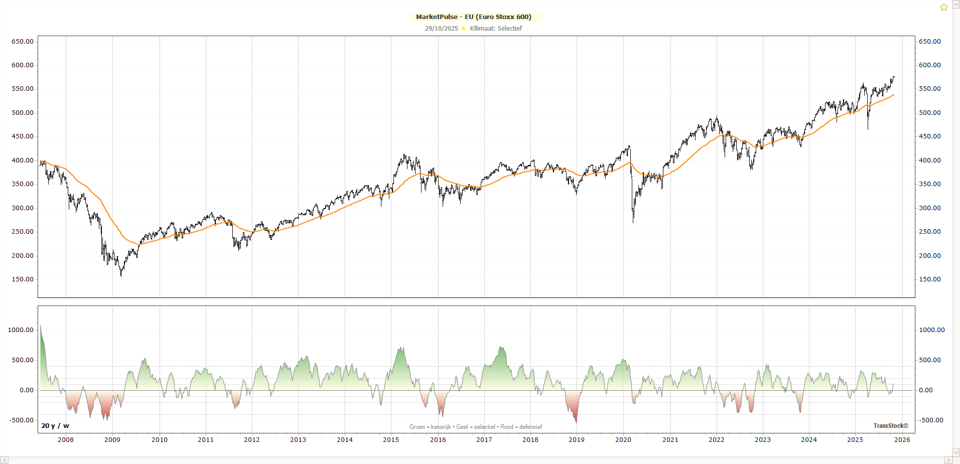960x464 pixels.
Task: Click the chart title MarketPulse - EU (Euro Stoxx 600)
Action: pos(473,17)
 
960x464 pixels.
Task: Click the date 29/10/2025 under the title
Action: pos(441,29)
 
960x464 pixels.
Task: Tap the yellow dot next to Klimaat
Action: pos(463,29)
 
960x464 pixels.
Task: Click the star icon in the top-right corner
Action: pos(943,7)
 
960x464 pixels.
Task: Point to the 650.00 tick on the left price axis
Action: pos(23,41)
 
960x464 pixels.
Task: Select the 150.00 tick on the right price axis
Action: pos(929,279)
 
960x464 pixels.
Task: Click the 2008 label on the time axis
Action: pos(66,440)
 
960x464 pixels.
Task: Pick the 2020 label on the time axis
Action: pos(623,440)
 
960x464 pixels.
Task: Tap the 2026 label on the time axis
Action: pos(902,440)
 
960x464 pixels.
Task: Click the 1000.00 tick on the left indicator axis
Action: pos(21,330)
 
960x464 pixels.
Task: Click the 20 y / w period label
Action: pos(55,426)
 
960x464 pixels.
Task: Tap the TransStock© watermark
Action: pos(891,426)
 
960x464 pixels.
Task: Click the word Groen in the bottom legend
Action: pos(417,427)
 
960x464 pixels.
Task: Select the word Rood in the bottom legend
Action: pos(506,427)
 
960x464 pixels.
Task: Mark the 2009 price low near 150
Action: pos(121,275)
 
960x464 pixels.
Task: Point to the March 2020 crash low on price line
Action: pos(633,221)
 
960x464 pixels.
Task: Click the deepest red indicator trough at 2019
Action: pos(576,422)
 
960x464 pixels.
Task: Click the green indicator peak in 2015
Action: pos(401,348)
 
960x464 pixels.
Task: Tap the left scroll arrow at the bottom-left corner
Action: pos(5,460)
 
